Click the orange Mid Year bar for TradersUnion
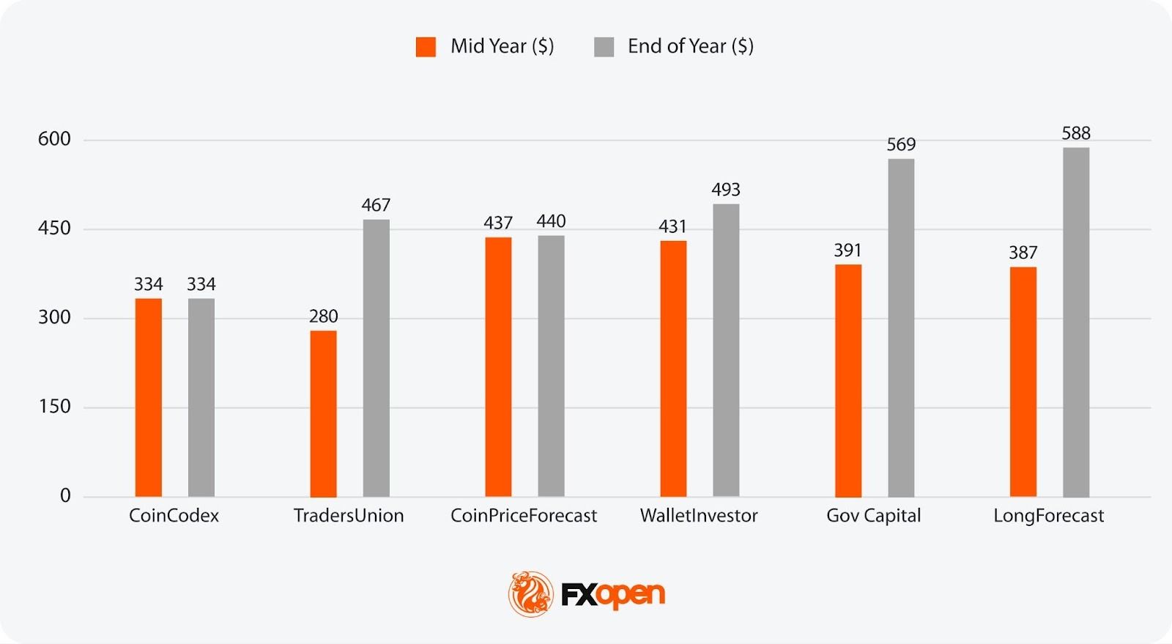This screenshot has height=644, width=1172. click(323, 414)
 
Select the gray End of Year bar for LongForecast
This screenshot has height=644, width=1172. click(1076, 322)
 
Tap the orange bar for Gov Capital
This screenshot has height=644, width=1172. click(848, 381)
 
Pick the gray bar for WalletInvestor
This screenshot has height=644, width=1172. click(726, 350)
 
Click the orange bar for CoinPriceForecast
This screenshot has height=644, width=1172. click(498, 367)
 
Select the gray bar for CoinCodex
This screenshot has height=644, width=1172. click(201, 398)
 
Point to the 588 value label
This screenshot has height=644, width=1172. click(1076, 133)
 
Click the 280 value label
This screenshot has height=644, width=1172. click(323, 317)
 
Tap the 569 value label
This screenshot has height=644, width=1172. click(901, 144)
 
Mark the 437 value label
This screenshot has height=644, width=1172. click(498, 223)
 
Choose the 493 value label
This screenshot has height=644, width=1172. click(726, 190)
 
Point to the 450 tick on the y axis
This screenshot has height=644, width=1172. click(54, 229)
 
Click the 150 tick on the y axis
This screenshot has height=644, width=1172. click(54, 407)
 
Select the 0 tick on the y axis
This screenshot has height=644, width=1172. click(65, 496)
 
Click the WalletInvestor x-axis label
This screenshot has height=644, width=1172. click(699, 516)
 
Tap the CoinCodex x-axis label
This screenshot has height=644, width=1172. click(174, 516)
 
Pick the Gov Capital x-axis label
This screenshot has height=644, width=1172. click(873, 516)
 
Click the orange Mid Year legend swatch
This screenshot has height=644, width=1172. click(426, 47)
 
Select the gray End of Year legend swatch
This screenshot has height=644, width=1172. click(604, 47)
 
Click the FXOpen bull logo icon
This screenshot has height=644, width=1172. click(531, 593)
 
